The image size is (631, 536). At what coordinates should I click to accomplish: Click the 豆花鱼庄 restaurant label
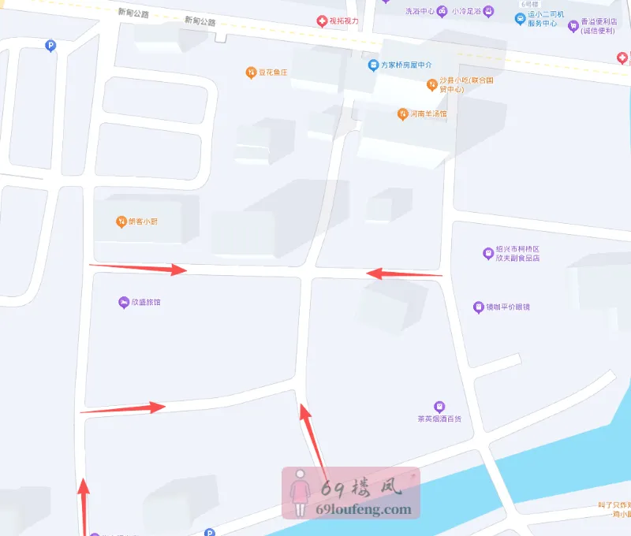(x=273, y=73)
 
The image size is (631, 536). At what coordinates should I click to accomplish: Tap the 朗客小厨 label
(x=143, y=221)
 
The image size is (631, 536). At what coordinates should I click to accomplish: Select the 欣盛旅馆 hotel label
(x=145, y=302)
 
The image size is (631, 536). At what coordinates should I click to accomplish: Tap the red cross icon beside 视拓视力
(x=321, y=21)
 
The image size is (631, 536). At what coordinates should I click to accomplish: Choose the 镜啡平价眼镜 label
(x=506, y=307)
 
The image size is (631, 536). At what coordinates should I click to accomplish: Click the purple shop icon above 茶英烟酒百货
(x=440, y=406)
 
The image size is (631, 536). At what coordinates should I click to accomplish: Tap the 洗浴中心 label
(x=420, y=12)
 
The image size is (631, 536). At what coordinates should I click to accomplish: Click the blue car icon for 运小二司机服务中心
(x=520, y=18)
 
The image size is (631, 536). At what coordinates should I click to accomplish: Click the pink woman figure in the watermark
(x=300, y=493)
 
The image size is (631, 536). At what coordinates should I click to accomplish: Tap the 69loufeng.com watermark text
(x=363, y=509)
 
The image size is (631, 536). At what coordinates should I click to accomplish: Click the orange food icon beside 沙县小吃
(x=431, y=84)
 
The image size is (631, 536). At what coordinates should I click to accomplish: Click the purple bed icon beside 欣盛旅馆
(x=123, y=302)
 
